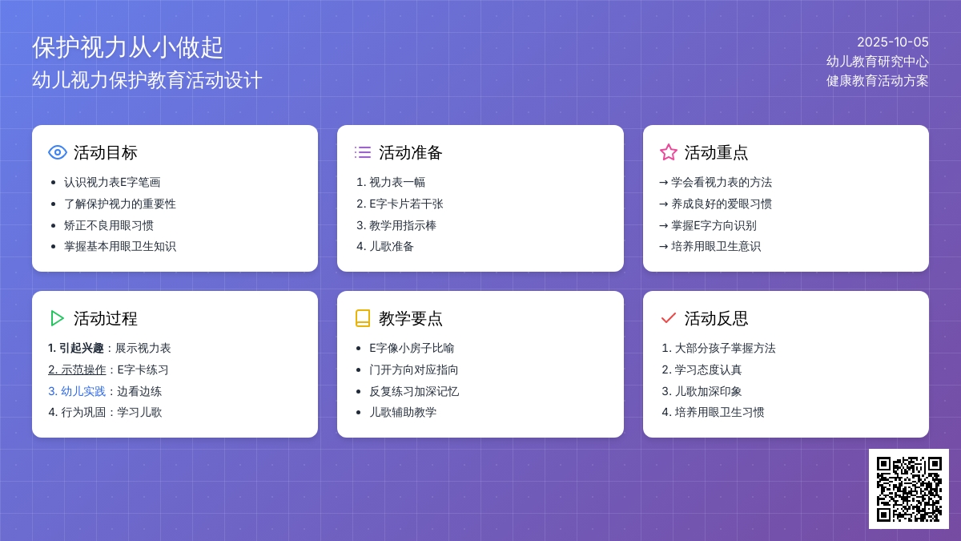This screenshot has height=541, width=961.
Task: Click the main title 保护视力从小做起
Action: click(127, 47)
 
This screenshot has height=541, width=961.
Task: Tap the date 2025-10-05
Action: click(893, 42)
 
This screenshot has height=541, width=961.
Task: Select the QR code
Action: click(909, 489)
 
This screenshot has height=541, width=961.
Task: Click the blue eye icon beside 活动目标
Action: click(58, 152)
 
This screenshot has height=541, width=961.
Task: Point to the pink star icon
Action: click(669, 152)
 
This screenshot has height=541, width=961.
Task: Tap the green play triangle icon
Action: click(57, 318)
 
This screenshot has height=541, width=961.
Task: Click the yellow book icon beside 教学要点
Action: click(363, 318)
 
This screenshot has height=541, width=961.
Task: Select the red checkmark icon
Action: click(669, 318)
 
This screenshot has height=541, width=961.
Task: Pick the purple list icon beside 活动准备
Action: click(363, 152)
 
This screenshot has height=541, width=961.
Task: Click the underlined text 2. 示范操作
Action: click(77, 369)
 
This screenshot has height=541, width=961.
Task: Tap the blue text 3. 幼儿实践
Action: click(77, 391)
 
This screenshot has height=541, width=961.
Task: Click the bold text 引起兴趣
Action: click(82, 348)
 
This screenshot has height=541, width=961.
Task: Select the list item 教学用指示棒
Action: click(403, 225)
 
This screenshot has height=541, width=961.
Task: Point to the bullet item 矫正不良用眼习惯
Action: click(109, 225)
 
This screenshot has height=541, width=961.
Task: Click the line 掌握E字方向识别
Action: click(714, 225)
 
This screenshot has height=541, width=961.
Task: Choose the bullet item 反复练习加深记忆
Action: click(414, 391)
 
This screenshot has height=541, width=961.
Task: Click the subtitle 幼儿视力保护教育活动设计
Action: click(147, 80)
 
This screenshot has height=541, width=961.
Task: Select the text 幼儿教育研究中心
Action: click(878, 62)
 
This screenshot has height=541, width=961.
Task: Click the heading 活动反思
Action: click(716, 319)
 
